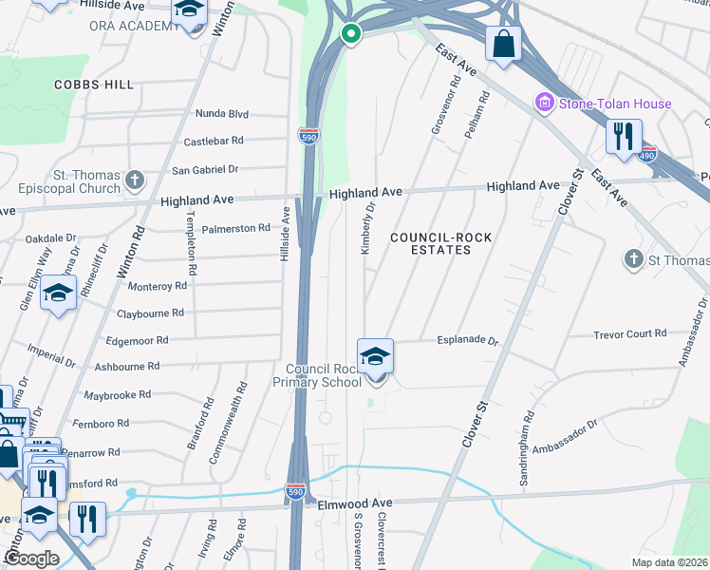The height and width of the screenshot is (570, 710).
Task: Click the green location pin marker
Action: tap(350, 35)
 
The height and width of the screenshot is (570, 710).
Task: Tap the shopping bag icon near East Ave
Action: tap(503, 43)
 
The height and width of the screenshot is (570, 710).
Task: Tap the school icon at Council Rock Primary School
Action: tap(376, 356)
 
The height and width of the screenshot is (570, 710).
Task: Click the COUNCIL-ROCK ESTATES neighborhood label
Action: tap(430, 242)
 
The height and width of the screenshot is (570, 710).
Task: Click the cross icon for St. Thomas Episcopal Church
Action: tap(135, 180)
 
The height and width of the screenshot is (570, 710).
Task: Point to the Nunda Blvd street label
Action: tap(221, 114)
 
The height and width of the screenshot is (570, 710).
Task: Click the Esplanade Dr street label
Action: tap(467, 339)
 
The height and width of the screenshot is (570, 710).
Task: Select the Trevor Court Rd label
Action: tap(629, 333)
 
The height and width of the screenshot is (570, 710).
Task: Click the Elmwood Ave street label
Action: tap(355, 503)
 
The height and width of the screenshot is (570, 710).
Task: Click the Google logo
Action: tap(31, 558)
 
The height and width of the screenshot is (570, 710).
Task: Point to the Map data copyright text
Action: tap(669, 562)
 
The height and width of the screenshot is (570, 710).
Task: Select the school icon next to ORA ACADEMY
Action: tap(189, 11)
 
